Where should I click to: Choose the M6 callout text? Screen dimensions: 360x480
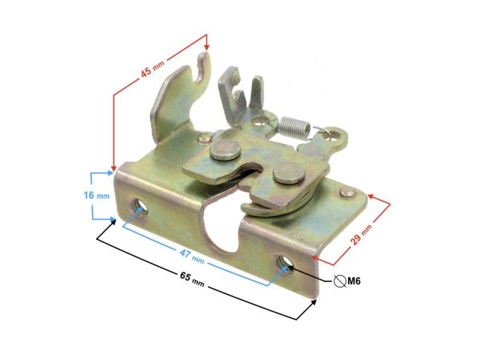[x=354, y=281]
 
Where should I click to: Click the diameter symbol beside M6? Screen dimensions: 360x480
[x=339, y=281]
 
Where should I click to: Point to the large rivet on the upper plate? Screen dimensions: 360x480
[x=224, y=149]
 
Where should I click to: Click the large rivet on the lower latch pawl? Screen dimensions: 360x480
[x=289, y=173]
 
